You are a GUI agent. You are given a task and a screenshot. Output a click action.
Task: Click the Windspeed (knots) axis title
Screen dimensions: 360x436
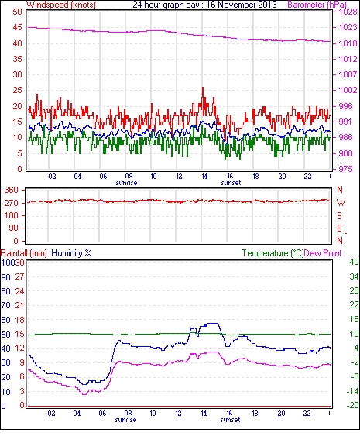pyautogui.click(x=61, y=5)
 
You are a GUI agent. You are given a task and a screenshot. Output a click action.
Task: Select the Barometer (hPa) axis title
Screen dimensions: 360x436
pyautogui.click(x=317, y=5)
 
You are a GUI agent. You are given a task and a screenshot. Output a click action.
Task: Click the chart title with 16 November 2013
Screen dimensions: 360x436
pyautogui.click(x=204, y=5)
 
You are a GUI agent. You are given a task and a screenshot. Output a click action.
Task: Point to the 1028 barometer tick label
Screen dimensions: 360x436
pyautogui.click(x=348, y=12)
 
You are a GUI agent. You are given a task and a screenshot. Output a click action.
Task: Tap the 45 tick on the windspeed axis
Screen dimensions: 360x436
pyautogui.click(x=17, y=28)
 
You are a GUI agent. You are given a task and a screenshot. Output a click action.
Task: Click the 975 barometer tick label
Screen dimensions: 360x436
pyautogui.click(x=345, y=169)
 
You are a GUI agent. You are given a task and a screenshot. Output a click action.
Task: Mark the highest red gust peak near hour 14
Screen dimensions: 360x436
pyautogui.click(x=203, y=88)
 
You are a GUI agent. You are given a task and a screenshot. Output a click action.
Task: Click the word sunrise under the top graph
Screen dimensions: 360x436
pyautogui.click(x=126, y=183)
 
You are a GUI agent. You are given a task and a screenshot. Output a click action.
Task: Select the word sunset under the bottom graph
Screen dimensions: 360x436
pyautogui.click(x=230, y=419)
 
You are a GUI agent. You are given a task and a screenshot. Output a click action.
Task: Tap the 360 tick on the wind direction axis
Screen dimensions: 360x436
pyautogui.click(x=12, y=191)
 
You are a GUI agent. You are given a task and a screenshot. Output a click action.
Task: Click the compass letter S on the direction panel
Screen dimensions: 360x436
pyautogui.click(x=339, y=215)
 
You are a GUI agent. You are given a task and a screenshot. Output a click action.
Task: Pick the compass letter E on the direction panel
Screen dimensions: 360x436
pyautogui.click(x=339, y=228)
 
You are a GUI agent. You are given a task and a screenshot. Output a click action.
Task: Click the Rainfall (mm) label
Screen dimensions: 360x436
pyautogui.click(x=24, y=253)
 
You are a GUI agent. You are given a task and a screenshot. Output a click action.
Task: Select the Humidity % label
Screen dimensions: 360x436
pyautogui.click(x=71, y=253)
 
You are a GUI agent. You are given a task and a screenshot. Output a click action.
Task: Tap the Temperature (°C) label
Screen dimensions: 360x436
pyautogui.click(x=273, y=253)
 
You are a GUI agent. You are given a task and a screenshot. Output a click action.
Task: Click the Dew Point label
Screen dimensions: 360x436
pyautogui.click(x=323, y=253)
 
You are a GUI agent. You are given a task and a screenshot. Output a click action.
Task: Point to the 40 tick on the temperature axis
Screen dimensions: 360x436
pyautogui.click(x=354, y=262)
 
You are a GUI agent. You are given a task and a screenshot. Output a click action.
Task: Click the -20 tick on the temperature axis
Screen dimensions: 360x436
pyautogui.click(x=352, y=406)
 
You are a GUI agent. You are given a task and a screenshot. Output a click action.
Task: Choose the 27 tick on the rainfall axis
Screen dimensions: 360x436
pyautogui.click(x=19, y=276)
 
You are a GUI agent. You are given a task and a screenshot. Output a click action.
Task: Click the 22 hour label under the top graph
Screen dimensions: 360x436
pyautogui.click(x=307, y=177)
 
